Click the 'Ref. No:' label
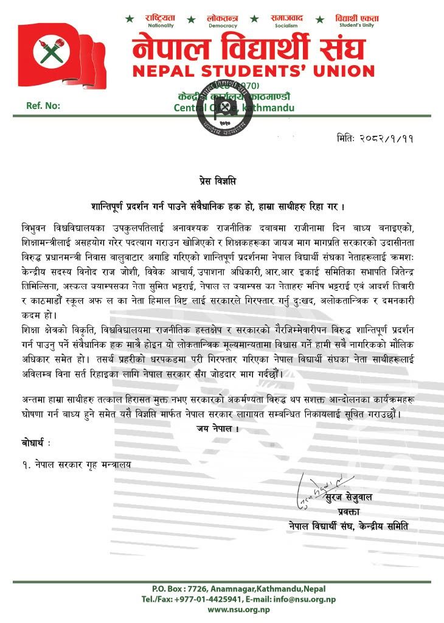click(43, 106)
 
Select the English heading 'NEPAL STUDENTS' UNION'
click(254, 70)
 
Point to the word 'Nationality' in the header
click(161, 26)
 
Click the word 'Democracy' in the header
click(222, 26)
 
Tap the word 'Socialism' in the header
click(286, 26)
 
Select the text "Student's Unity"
click(357, 26)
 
